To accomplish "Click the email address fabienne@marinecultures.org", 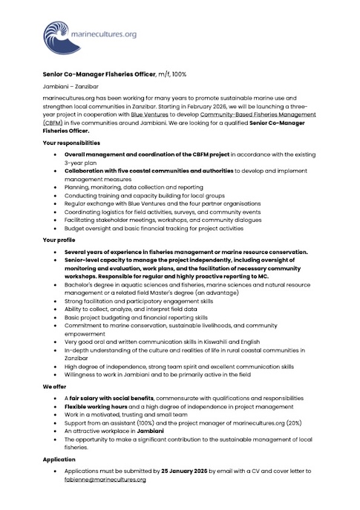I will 105,480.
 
